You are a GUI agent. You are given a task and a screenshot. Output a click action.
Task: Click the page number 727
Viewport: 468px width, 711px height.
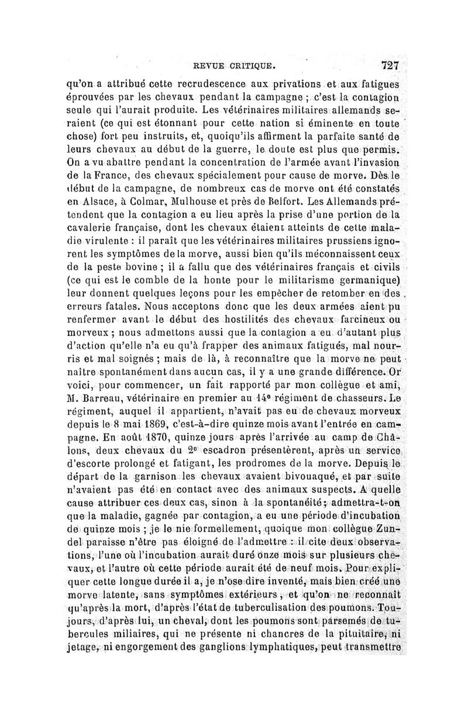coord(389,65)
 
